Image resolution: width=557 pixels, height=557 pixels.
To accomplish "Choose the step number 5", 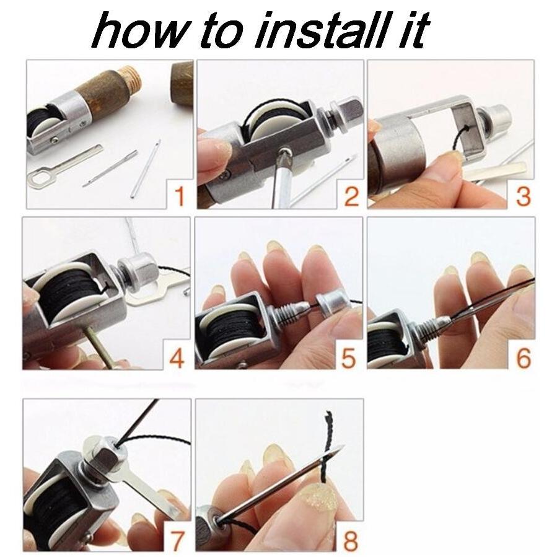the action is coord(348,357).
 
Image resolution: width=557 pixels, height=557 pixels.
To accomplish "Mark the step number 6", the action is coord(523,357).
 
